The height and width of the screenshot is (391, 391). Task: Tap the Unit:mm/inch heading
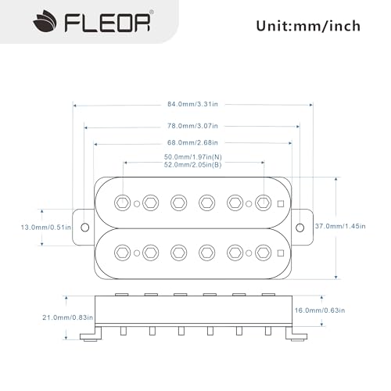[308, 26]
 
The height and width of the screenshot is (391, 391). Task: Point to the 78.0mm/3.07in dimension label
[191, 125]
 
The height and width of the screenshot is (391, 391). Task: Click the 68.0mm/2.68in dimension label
[191, 142]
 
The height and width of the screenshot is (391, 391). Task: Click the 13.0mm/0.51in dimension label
[46, 228]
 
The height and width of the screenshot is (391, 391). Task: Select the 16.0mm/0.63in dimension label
[345, 310]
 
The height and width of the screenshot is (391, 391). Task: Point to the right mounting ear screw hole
[300, 227]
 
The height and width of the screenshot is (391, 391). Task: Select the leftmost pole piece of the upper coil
[123, 203]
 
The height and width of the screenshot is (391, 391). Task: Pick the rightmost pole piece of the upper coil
[263, 203]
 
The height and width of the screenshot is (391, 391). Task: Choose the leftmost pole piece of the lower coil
[123, 252]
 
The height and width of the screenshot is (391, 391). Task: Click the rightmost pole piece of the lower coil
[263, 252]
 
